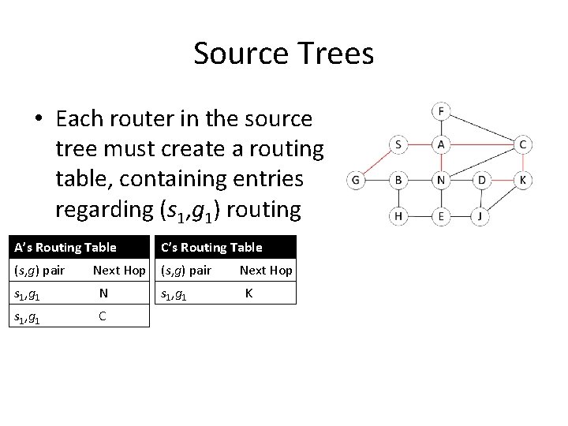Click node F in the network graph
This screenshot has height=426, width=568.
click(x=441, y=111)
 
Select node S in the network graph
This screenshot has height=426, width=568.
click(x=398, y=144)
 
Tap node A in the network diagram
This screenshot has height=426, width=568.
click(x=441, y=144)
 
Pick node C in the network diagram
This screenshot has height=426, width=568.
click(x=523, y=144)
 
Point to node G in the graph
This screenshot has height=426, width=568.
click(x=356, y=181)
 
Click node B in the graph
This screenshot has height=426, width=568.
click(x=398, y=181)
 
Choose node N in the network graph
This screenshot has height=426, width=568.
click(x=441, y=181)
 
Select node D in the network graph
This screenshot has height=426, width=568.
click(x=482, y=181)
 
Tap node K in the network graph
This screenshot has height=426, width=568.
click(x=523, y=181)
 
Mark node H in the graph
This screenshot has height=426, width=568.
click(x=398, y=215)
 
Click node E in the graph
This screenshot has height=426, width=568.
click(x=441, y=215)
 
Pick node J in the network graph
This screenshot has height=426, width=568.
click(x=482, y=215)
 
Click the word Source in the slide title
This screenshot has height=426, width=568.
click(x=240, y=54)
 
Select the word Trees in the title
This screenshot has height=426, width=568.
click(x=334, y=54)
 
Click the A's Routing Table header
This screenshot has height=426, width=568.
click(x=65, y=248)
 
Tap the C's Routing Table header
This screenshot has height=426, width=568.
click(x=211, y=248)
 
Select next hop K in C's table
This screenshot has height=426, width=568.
click(x=249, y=294)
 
